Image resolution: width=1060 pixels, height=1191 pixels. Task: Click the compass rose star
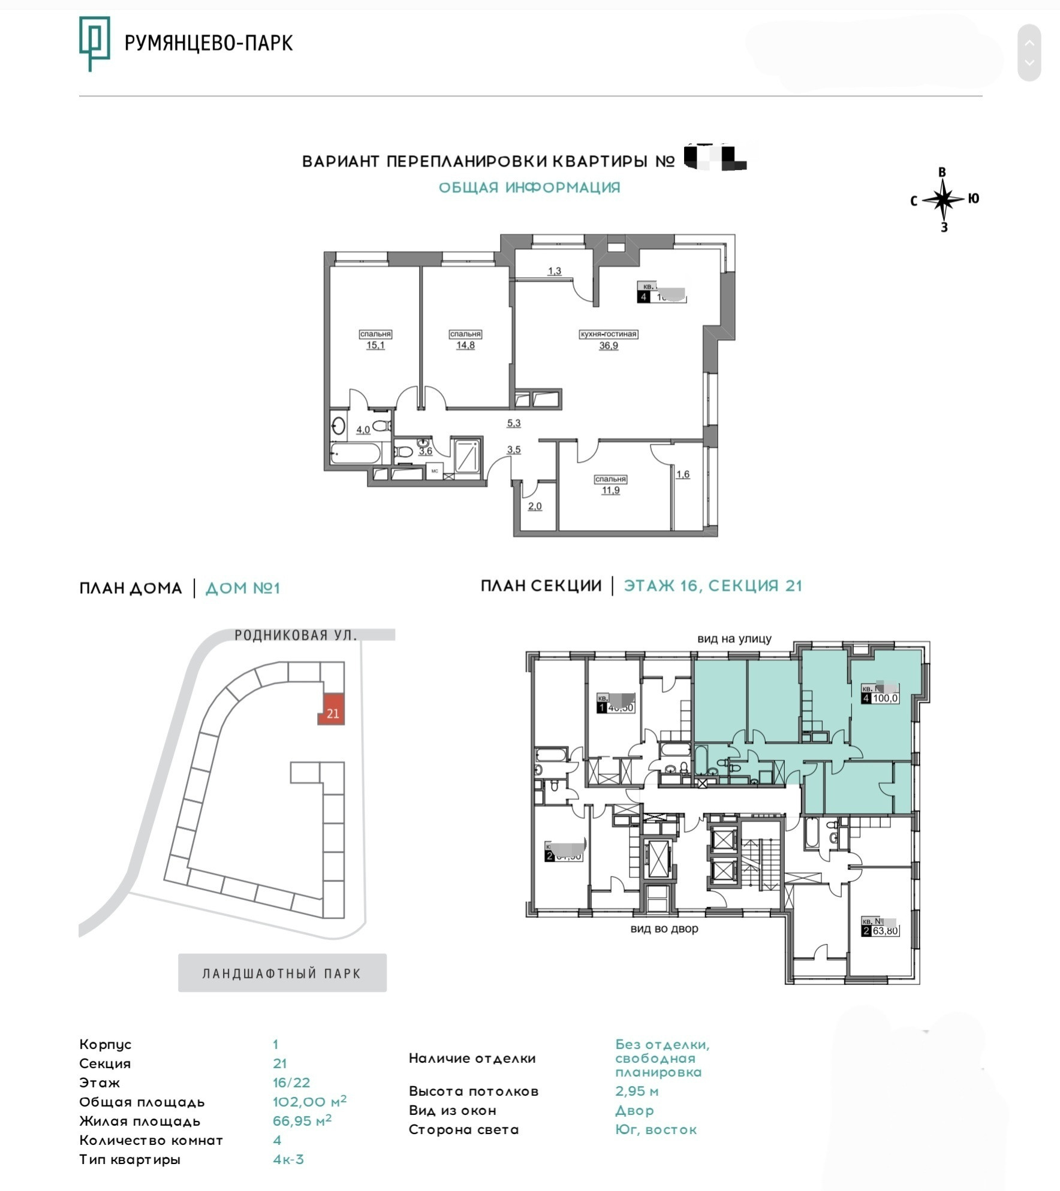943,199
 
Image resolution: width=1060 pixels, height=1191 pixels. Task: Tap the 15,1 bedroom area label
375,345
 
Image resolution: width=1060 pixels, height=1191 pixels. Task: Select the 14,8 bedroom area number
465,345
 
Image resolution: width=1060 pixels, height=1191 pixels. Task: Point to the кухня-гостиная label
608,334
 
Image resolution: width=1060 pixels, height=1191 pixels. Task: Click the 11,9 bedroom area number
610,490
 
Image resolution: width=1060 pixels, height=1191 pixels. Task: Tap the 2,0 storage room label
535,506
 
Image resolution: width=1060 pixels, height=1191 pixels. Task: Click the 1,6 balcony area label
683,474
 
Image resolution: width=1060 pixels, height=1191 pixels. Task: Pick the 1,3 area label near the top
555,271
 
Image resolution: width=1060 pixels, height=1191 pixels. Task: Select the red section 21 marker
332,709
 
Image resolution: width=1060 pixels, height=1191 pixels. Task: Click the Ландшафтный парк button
282,974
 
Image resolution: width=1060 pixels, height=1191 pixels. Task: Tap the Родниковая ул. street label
296,635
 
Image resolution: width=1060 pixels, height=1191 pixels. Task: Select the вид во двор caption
664,929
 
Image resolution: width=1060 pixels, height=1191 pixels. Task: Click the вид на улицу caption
734,639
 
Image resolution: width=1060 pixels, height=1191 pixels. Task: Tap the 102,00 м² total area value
309,1102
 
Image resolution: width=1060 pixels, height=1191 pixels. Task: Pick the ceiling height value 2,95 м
637,1091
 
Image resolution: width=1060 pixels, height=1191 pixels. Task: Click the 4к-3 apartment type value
288,1159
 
